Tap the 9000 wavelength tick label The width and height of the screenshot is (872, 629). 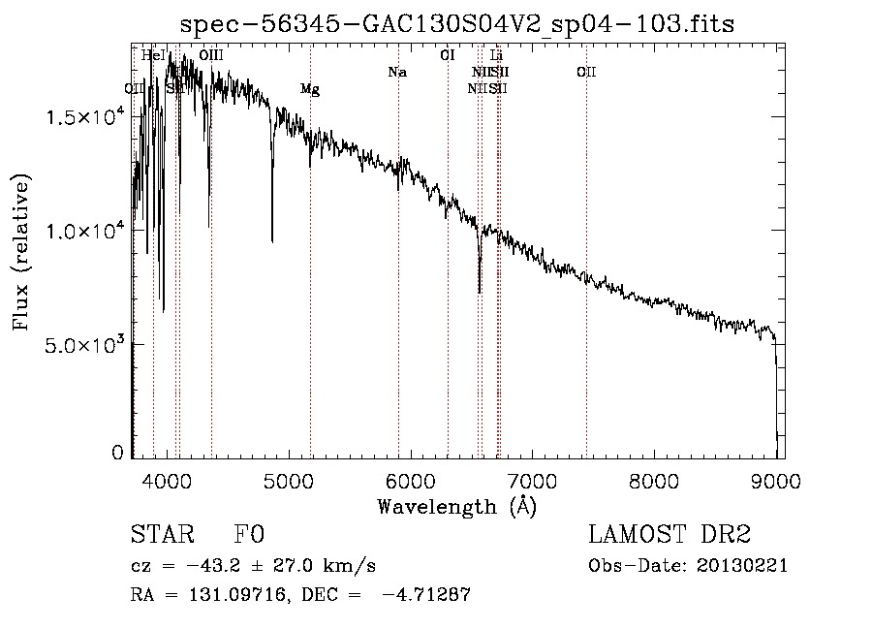[x=776, y=480]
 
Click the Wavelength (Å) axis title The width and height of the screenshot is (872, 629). [x=456, y=505]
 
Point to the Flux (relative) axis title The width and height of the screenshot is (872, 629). [x=21, y=252]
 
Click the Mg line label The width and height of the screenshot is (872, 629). [x=309, y=89]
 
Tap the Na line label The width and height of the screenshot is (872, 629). [x=396, y=73]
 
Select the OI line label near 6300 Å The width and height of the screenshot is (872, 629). [x=448, y=55]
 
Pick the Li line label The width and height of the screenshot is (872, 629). [x=496, y=55]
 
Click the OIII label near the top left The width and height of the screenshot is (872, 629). [x=211, y=55]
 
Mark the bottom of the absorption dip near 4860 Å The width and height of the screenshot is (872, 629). [x=272, y=240]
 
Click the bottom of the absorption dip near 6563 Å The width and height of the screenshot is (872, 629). [x=480, y=291]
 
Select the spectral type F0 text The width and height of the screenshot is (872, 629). [x=249, y=535]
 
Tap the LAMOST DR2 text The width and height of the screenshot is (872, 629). [x=670, y=535]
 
